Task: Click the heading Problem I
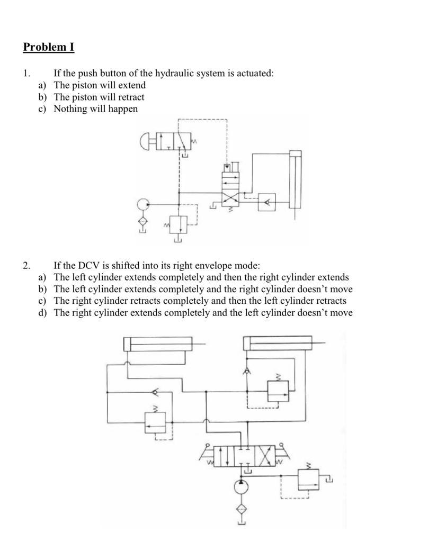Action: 48,47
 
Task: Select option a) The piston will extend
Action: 99,85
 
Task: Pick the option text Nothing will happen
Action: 95,109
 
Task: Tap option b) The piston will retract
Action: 99,97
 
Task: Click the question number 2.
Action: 26,266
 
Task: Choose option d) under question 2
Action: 203,313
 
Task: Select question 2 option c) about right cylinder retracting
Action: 200,301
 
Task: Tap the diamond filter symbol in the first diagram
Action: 142,221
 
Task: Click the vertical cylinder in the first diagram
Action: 295,180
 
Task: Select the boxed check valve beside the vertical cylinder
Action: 267,202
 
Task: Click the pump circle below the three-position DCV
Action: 242,486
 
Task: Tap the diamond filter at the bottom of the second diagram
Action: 242,509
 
